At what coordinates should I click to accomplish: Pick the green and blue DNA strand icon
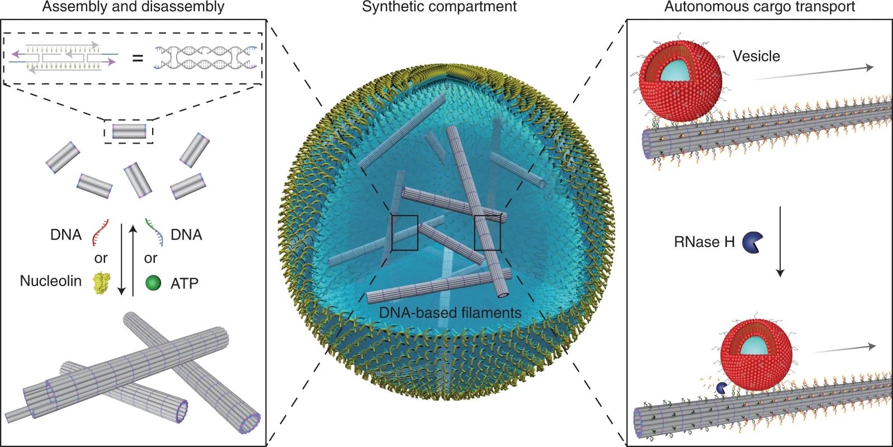click(154, 232)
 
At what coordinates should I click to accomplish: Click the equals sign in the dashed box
click(138, 58)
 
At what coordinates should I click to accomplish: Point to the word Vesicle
click(756, 56)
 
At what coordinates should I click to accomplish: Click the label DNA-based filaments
click(450, 313)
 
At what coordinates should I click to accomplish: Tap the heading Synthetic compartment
click(440, 7)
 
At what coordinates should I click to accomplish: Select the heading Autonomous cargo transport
click(759, 7)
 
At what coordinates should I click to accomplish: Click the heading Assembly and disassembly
click(133, 7)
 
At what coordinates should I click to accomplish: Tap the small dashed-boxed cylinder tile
click(129, 131)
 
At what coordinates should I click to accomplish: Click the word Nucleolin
click(50, 281)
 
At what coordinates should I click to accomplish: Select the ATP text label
click(185, 283)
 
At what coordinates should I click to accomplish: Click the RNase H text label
click(704, 242)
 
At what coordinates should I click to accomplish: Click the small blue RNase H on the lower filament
click(722, 387)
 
